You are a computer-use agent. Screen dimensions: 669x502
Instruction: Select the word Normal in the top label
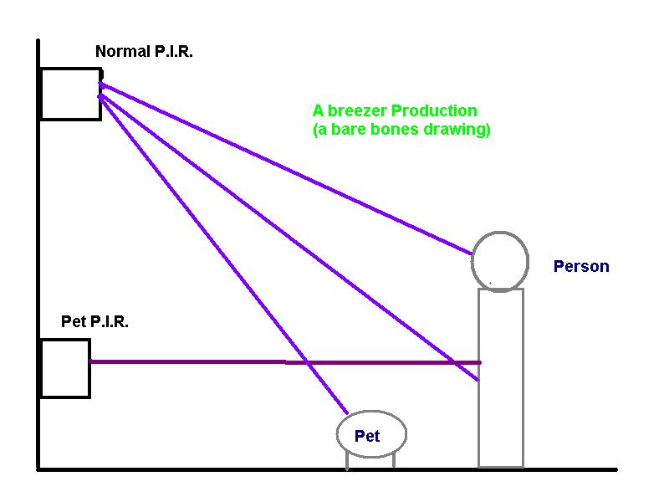[122, 52]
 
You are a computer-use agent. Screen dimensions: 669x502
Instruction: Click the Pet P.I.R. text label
[94, 321]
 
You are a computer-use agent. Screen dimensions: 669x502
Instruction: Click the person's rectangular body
[479, 378]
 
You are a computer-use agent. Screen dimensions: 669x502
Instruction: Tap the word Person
[581, 266]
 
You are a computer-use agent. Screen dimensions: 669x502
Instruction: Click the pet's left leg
[347, 461]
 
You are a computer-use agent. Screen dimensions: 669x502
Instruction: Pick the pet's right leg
[393, 460]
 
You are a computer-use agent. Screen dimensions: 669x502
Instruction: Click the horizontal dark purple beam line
[285, 362]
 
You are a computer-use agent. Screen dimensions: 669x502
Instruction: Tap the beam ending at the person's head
[286, 169]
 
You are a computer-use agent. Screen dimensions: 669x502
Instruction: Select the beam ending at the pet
[223, 255]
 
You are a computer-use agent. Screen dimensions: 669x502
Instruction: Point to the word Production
[434, 111]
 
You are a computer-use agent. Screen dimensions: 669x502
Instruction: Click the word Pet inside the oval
[367, 436]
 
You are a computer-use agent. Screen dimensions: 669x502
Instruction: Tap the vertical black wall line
[38, 255]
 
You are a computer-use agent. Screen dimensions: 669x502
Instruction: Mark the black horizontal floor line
[327, 469]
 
